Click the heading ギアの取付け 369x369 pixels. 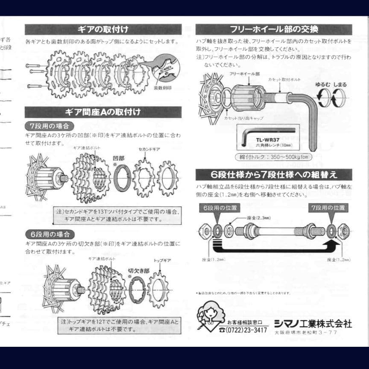pos(103,29)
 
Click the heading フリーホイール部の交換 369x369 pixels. pos(274,29)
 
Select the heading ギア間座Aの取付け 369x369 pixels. pos(103,112)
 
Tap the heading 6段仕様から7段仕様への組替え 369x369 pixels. pos(274,174)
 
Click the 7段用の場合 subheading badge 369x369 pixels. pos(49,126)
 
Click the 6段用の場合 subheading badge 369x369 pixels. pos(50,234)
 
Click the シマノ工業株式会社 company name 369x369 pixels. pos(313,323)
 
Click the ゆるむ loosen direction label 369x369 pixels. pos(322,85)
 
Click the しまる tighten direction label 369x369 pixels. pos(340,85)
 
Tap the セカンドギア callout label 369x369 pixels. pos(149,149)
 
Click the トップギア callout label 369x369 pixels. pos(162,260)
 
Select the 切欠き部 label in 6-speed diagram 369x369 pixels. pos(138,270)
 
